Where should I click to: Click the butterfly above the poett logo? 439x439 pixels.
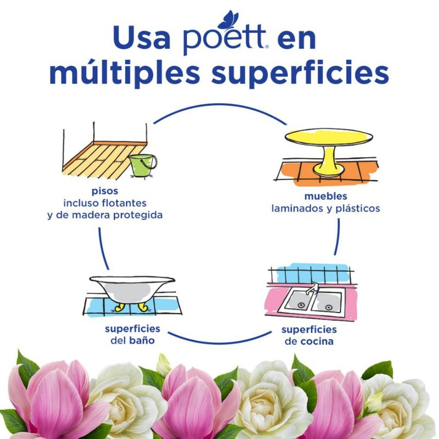228,20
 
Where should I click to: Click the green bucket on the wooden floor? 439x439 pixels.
143,166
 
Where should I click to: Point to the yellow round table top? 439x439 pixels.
329,137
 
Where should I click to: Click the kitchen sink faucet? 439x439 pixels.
312,289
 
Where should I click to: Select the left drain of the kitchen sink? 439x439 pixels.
301,306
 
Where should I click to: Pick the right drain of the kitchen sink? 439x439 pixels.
329,307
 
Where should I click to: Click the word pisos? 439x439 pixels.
105,192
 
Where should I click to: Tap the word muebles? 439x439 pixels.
325,196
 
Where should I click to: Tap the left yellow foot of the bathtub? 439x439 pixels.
119,307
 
